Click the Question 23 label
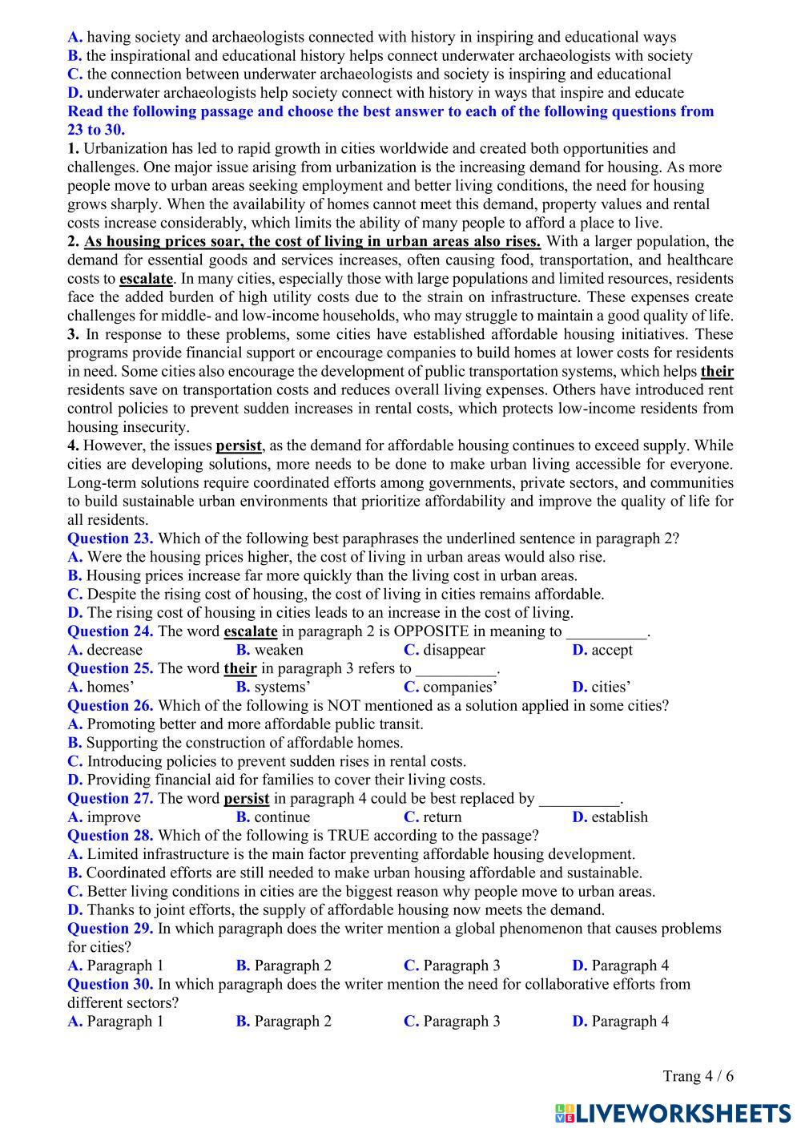pos(110,538)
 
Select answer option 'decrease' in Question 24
pos(114,650)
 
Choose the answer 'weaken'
pos(279,650)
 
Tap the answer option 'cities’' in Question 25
pos(610,687)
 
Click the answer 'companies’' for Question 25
pos(460,687)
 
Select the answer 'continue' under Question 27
pos(282,817)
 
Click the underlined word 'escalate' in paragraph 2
pos(146,279)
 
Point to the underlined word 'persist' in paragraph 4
pos(239,446)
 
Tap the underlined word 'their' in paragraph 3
pos(717,371)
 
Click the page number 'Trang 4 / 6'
pos(698,1076)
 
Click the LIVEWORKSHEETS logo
pos(672,1113)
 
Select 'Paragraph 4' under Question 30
pos(630,1021)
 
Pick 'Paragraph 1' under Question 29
pos(124,966)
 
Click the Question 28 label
pos(110,836)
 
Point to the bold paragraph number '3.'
pos(73,334)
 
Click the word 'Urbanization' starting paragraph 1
pos(124,148)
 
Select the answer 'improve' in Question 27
pos(113,817)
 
